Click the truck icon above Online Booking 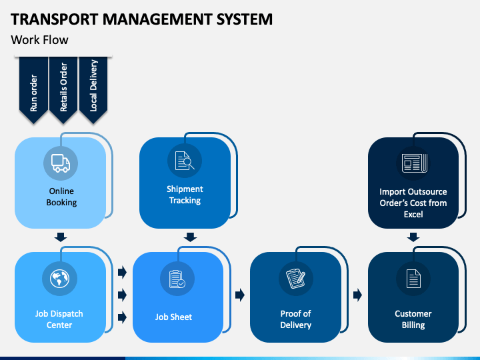pos(61,163)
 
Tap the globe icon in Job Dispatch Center pos(60,279)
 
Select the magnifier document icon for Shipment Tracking pos(185,161)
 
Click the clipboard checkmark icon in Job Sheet pos(177,279)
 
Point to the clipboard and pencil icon pos(296,278)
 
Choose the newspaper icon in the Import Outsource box pos(414,163)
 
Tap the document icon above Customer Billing pos(413,279)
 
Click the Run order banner pos(34,90)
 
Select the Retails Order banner pos(63,90)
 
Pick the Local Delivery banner pos(93,90)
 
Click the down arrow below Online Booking pos(61,237)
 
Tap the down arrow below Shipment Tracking pos(191,237)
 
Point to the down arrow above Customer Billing pos(413,237)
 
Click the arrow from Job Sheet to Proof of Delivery pos(240,295)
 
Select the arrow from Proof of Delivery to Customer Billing pos(357,295)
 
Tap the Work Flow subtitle pos(39,40)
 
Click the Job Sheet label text pos(173,317)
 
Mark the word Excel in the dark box pos(413,214)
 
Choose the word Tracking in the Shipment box pos(185,201)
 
